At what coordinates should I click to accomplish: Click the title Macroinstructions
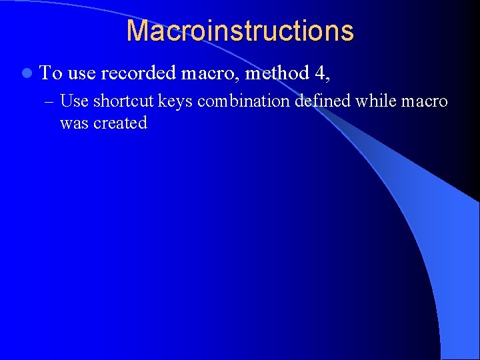coord(240,31)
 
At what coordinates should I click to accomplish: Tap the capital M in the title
coord(137,31)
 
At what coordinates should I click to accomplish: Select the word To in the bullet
coord(51,72)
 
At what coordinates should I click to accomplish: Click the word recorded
coord(138,72)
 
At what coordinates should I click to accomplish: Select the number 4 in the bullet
coord(318,72)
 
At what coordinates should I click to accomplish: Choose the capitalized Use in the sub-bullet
coord(74,101)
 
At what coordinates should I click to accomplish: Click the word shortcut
coord(123,101)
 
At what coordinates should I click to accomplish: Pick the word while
coord(375,101)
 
